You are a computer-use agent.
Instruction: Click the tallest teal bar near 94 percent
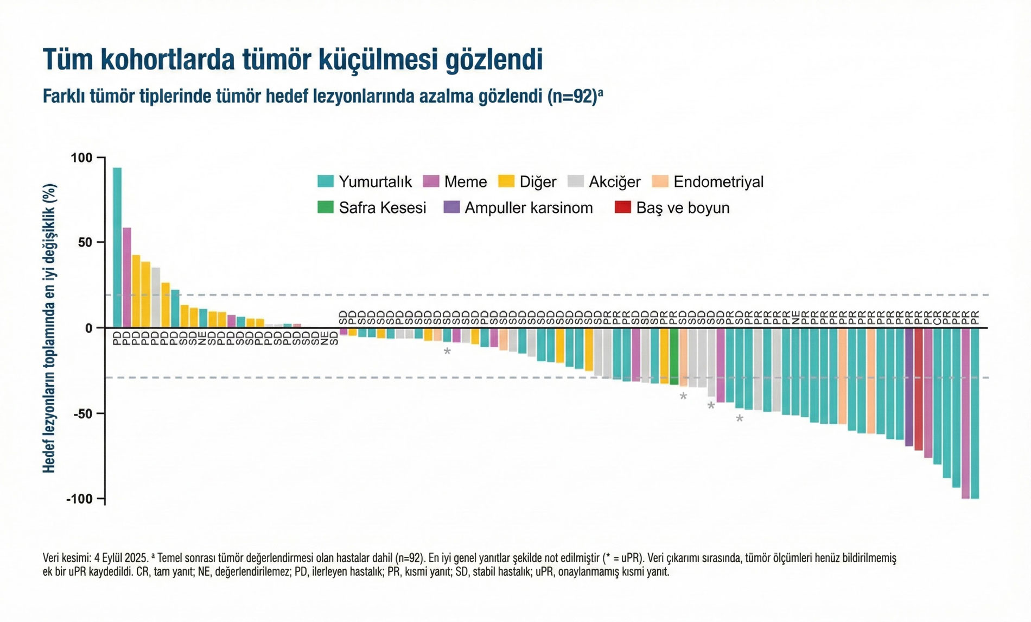[x=117, y=247]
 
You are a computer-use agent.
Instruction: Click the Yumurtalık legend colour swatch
[x=325, y=181]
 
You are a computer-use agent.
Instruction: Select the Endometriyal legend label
[x=718, y=181]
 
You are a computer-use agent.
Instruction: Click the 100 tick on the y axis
[x=81, y=158]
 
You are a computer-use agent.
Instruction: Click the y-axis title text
[x=49, y=328]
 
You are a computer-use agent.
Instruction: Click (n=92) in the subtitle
[x=571, y=97]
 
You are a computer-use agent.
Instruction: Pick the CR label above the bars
[x=937, y=318]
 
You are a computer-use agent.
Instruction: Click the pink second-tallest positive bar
[x=126, y=277]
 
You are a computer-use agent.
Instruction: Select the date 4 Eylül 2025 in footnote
[x=121, y=558]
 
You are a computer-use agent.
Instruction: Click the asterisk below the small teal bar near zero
[x=447, y=352]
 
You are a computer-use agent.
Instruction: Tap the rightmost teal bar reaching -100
[x=975, y=413]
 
